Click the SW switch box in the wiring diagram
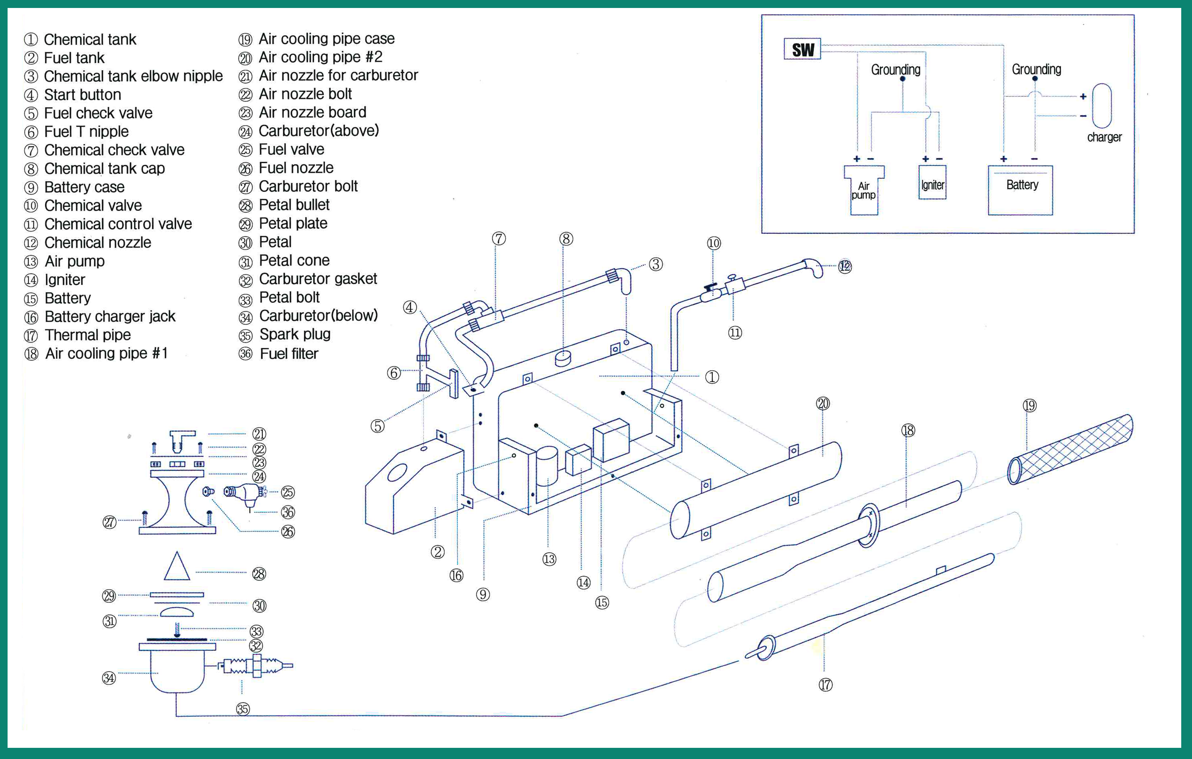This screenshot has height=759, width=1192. coord(802,49)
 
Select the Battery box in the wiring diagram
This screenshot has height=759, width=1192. coord(1020,190)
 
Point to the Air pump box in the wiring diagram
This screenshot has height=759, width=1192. coord(864,191)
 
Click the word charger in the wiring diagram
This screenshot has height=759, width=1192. coord(1104,137)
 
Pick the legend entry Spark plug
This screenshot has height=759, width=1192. coord(295,334)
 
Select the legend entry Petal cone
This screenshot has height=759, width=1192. coord(294,261)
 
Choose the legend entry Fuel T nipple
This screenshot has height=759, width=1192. coord(86,132)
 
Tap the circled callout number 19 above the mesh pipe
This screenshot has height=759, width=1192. coord(1030,406)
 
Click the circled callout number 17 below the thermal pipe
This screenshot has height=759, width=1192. coord(825,685)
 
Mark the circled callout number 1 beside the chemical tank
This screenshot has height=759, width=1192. coord(712,377)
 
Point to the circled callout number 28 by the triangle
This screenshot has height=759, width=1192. coord(259,574)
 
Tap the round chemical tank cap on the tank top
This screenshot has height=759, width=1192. coord(563,357)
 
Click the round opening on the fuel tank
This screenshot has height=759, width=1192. coord(397,472)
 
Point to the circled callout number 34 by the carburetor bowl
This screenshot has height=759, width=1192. coord(109,678)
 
